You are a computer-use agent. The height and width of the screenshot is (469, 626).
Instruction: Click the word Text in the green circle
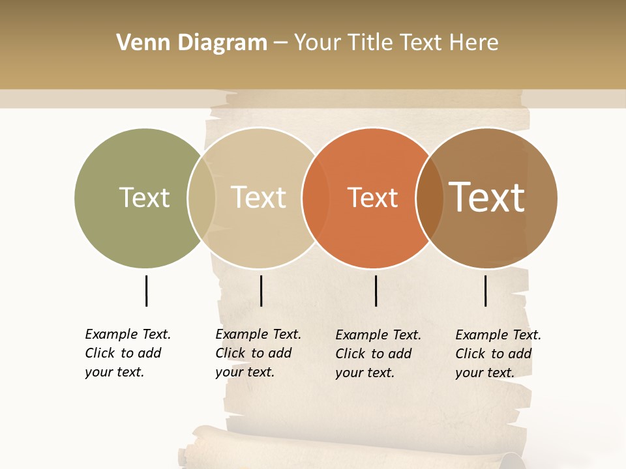(x=144, y=197)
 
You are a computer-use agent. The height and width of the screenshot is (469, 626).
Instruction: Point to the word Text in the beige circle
(x=259, y=197)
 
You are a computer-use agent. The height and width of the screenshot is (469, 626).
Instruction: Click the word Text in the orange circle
(x=372, y=198)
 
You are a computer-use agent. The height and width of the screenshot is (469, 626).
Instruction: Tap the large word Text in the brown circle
(x=487, y=197)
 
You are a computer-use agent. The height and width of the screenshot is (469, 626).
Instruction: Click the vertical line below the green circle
(x=146, y=291)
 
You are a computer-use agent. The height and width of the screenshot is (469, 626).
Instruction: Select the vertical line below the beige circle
(x=261, y=291)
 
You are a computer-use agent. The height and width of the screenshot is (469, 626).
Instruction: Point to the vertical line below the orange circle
(x=376, y=291)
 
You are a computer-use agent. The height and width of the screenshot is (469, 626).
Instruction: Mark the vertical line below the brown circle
(x=485, y=291)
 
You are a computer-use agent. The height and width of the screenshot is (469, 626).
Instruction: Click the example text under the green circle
(x=127, y=353)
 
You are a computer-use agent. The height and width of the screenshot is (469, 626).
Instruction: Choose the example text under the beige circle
(x=258, y=353)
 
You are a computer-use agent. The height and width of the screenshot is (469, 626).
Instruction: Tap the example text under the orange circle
(x=378, y=354)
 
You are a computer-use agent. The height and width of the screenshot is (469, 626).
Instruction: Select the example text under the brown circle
(x=498, y=354)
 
